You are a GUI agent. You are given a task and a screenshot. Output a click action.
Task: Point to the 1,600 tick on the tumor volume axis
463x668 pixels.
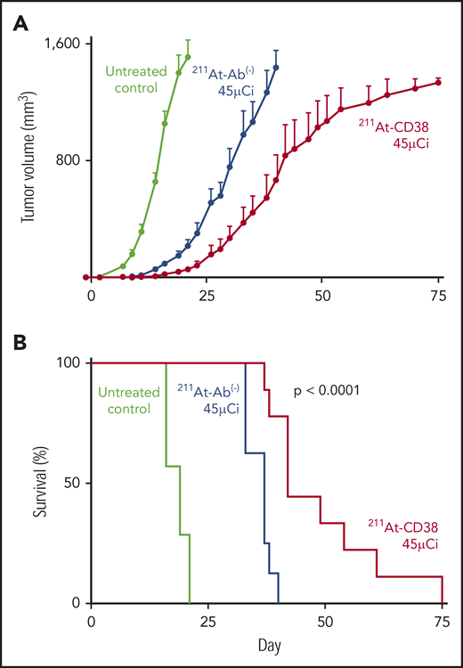tap(57, 44)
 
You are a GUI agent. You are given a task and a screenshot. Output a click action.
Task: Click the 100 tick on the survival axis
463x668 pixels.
tap(68, 363)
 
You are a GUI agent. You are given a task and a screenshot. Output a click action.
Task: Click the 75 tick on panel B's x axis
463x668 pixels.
tap(439, 620)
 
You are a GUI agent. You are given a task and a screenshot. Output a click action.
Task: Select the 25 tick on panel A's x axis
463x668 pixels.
tap(207, 295)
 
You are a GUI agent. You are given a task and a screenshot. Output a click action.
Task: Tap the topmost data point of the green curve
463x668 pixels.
tap(188, 57)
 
